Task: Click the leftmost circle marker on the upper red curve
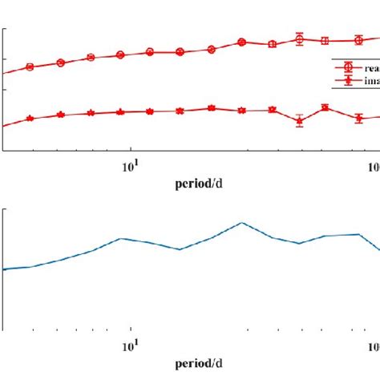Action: (30, 67)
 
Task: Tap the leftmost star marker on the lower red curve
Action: (30, 118)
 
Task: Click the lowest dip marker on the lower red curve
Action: (299, 121)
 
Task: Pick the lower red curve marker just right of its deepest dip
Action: (325, 107)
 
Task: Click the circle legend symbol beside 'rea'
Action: (348, 69)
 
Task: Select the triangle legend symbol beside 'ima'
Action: (348, 81)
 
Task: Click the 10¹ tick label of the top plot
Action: (129, 166)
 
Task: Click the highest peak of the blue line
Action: (241, 223)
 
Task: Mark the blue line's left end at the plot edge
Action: (4, 269)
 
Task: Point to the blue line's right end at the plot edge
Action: (378, 249)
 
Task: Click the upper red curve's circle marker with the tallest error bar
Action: (299, 38)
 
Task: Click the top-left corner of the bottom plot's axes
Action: (4, 210)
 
